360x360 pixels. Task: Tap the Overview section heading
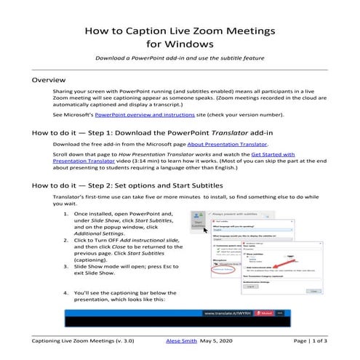click(x=49, y=79)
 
